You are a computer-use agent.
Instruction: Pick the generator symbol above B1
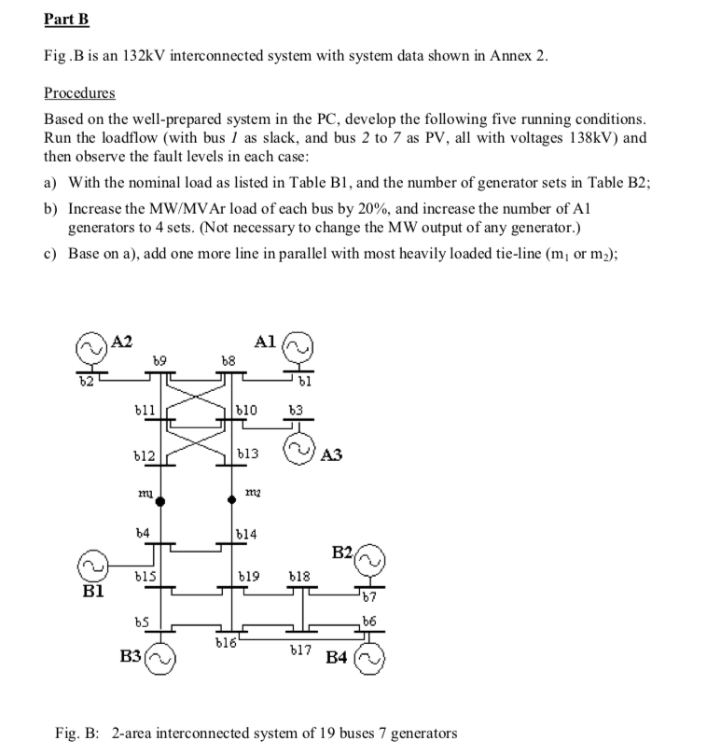pos(91,566)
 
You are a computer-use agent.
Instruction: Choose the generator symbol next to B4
pos(367,658)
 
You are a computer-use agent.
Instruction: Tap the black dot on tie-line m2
pos(233,502)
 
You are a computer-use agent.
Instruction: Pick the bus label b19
pos(247,578)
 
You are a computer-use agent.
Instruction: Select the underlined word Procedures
pos(79,93)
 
